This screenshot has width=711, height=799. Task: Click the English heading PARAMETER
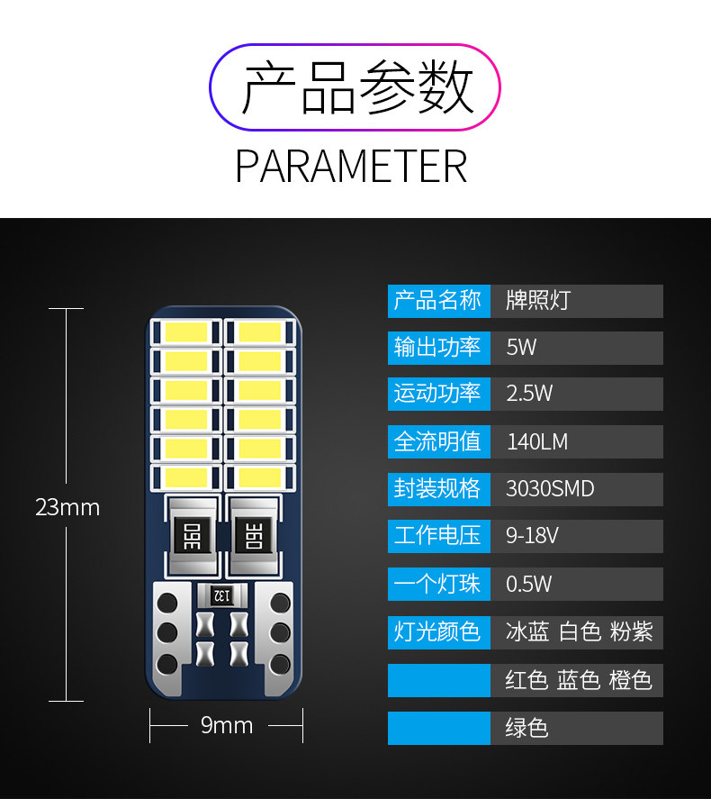351,167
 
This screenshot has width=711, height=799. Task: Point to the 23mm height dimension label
67,507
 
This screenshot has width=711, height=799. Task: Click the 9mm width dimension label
226,725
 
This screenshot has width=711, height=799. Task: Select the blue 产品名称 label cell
438,301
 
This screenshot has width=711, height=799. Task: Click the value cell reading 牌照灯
576,301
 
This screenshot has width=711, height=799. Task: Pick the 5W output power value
576,348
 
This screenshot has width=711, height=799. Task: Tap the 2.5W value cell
576,394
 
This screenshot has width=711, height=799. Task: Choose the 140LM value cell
576,441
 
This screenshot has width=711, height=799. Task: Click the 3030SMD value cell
576,489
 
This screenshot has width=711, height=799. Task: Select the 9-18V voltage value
576,536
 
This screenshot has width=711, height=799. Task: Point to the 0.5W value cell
576,584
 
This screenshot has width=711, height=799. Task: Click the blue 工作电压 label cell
438,536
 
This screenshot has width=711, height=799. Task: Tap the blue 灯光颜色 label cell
438,631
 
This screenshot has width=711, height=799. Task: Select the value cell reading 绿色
576,728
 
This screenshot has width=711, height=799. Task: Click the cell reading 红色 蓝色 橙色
577,680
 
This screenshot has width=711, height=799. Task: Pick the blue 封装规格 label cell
438,489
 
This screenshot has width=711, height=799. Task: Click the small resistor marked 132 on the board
221,594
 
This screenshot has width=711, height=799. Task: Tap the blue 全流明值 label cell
438,441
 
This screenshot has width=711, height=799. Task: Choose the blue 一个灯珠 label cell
438,584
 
